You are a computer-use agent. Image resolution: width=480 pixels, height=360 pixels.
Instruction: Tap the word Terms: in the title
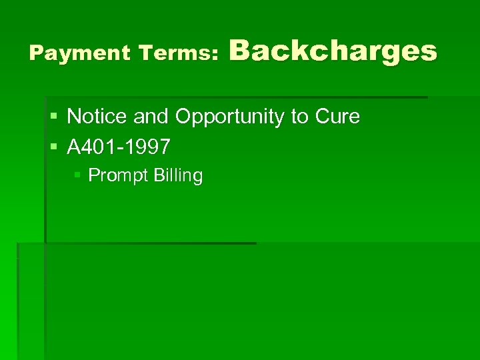178,53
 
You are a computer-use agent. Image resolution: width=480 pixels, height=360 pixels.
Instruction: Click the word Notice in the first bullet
97,117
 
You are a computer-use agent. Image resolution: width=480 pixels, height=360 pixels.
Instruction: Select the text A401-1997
118,146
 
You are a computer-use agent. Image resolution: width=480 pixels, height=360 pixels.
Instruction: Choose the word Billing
178,176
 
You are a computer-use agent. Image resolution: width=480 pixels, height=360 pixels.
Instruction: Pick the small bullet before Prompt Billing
77,176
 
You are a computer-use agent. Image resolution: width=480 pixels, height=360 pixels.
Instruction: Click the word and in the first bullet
151,117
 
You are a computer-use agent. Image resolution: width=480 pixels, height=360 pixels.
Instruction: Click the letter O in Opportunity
183,117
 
